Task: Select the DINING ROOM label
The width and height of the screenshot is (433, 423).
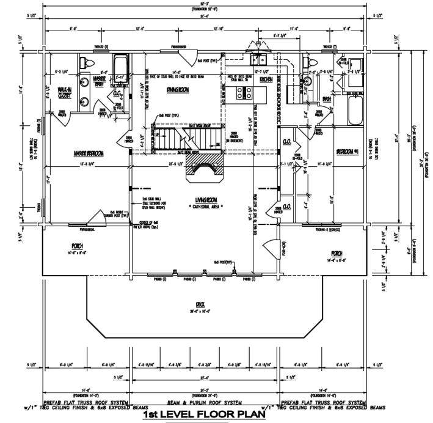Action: [x=176, y=89]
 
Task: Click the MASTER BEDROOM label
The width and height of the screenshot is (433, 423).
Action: [x=88, y=152]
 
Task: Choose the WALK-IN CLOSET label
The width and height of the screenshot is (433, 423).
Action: [x=64, y=92]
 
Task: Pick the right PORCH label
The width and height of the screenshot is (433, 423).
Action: [x=337, y=252]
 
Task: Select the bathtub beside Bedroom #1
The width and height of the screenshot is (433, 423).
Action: [x=355, y=111]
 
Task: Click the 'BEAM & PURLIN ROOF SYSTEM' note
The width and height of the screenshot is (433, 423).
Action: [x=205, y=403]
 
